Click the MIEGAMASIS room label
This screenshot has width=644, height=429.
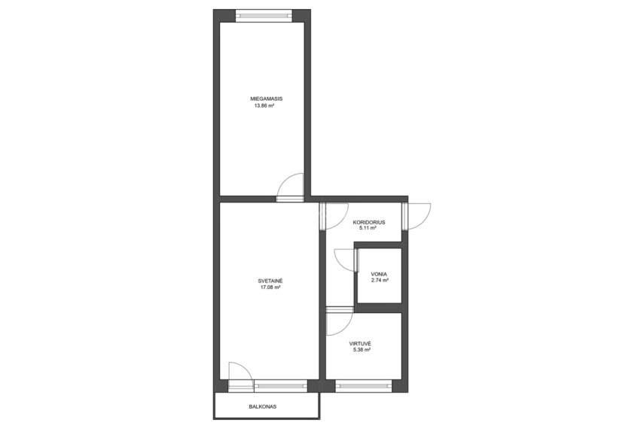[x=266, y=99]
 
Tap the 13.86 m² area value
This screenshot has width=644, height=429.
[x=264, y=105]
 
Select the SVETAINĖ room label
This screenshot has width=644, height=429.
[x=270, y=281]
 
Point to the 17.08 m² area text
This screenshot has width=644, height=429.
[x=270, y=288]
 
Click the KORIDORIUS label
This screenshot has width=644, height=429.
[x=369, y=223]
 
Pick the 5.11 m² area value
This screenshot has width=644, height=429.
[x=368, y=228]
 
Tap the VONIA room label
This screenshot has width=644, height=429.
[x=379, y=274]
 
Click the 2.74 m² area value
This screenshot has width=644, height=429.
[x=380, y=281]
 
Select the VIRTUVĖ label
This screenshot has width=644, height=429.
[x=360, y=344]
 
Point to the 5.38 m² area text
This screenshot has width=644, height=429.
[x=362, y=350]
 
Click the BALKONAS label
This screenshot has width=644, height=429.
[x=262, y=407]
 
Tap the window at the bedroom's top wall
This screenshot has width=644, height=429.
[x=264, y=16]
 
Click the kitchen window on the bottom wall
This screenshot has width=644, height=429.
[x=364, y=385]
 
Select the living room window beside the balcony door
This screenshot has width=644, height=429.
[x=281, y=385]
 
